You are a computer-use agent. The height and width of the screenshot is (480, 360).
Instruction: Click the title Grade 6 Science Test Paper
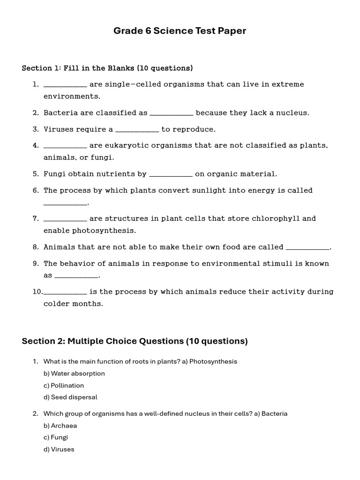pos(180,31)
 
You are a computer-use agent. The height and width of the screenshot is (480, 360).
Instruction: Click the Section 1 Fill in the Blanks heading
pos(107,68)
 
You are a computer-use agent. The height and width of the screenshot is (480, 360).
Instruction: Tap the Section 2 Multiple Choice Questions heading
pos(135,341)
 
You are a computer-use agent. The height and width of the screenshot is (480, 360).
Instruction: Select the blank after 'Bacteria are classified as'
pos(171,113)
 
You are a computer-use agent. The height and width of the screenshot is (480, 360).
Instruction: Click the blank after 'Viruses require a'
pos(137,130)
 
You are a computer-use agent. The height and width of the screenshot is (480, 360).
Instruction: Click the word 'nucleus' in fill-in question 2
pos(292,112)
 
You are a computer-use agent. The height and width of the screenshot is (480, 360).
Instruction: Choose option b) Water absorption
pos(74,374)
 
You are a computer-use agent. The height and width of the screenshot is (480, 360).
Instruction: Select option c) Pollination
pos(64,385)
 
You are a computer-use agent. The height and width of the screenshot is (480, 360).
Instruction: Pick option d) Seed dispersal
pos(70,397)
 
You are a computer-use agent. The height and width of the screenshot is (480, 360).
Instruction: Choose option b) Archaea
pos(60,426)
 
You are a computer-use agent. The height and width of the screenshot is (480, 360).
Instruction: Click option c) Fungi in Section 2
pos(56,437)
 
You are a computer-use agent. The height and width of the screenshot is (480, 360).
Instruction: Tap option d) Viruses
pos(59,449)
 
